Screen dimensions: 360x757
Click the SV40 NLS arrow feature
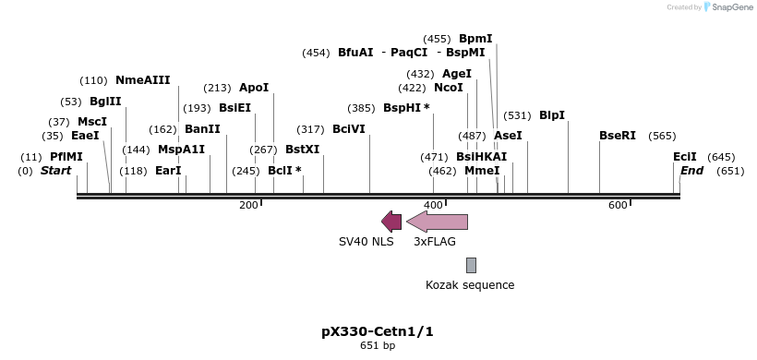(391, 221)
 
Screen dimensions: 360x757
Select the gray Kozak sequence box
(471, 265)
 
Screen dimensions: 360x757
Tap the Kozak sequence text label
(470, 285)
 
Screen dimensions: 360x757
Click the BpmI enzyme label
(475, 39)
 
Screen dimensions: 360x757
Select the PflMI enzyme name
(66, 157)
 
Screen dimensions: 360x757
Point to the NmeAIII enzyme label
(142, 80)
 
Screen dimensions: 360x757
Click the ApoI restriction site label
(254, 88)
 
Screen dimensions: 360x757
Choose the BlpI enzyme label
(552, 115)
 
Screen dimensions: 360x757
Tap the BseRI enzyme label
(618, 136)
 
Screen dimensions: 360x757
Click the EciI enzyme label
(685, 157)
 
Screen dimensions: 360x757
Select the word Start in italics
(55, 171)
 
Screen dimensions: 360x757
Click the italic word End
(691, 171)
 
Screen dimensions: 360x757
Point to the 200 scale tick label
(248, 205)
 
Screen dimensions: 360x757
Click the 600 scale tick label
(618, 205)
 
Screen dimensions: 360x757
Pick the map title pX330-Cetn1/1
(377, 330)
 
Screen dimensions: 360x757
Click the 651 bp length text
(377, 346)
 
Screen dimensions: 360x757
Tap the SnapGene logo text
(730, 7)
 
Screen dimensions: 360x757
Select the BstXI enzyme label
(302, 150)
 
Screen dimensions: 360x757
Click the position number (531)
(517, 115)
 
